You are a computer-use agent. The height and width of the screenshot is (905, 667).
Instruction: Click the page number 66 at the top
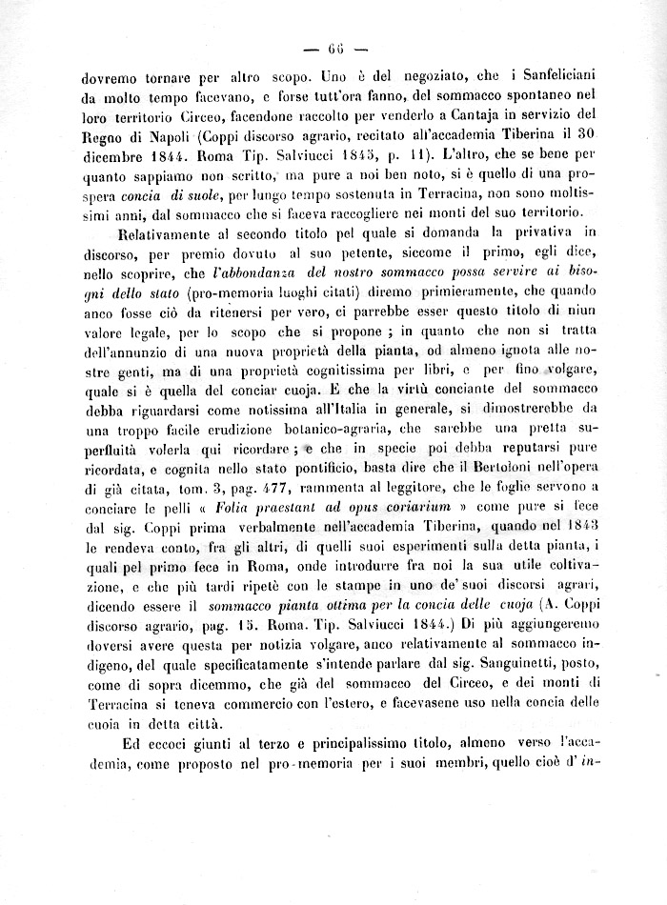coord(334,50)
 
